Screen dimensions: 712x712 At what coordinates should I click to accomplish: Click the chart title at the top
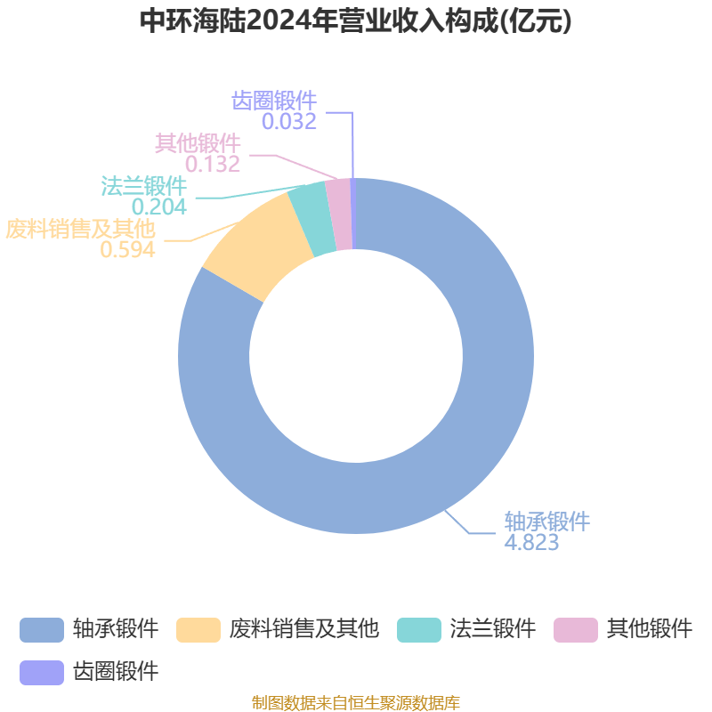tap(356, 21)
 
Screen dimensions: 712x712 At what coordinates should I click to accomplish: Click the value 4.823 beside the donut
tap(531, 543)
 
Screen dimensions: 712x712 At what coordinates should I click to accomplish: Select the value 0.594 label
tap(127, 250)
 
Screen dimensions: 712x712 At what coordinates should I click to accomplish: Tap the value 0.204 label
tap(158, 206)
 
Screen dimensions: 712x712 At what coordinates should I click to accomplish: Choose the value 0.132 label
tap(213, 164)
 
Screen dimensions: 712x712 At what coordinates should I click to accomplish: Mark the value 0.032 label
tap(289, 122)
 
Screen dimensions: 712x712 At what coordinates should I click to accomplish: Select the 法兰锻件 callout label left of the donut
tap(143, 186)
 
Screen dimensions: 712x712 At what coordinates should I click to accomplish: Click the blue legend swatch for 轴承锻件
tap(42, 630)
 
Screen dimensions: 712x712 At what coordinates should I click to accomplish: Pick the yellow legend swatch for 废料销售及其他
tap(198, 630)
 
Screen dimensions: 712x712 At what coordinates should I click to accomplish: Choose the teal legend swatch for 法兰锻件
tap(419, 630)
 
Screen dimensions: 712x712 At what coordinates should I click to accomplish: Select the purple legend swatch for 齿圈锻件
tap(42, 671)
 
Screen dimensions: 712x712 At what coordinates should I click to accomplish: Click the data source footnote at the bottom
tap(356, 703)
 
